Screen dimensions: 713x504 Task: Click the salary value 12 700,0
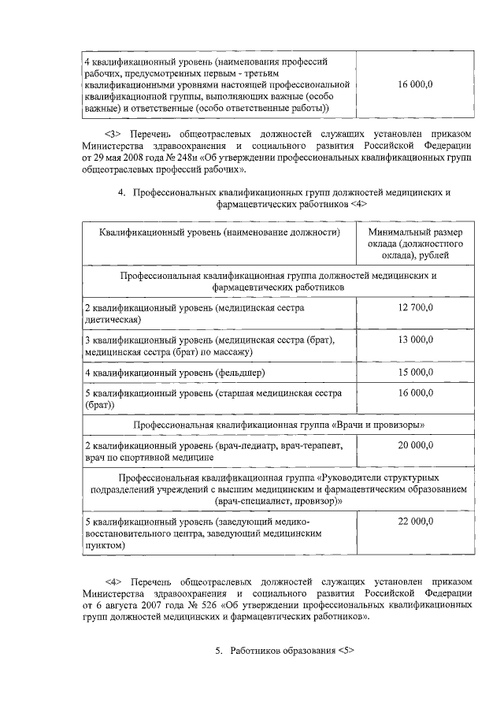[415, 308]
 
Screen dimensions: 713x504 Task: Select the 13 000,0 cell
[415, 340]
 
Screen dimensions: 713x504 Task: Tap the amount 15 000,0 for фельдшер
[415, 371]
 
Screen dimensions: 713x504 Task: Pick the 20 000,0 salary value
[415, 445]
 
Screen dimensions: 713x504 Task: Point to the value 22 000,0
[415, 521]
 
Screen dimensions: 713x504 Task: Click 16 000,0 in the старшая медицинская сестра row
[415, 392]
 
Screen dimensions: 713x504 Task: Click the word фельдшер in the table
[239, 371]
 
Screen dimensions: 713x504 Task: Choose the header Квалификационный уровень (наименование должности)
[219, 233]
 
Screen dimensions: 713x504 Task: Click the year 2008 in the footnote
[139, 158]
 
